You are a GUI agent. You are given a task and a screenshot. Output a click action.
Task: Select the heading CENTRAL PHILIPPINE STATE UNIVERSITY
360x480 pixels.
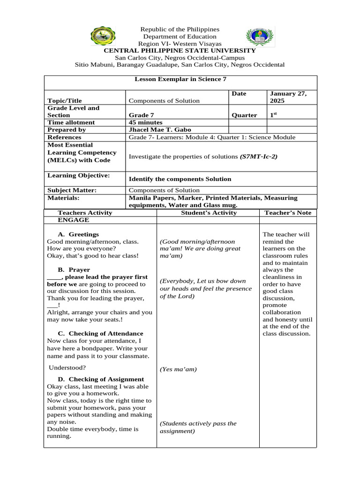coord(180,51)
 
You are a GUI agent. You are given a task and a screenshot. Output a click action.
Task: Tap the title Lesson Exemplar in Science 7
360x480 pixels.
coord(177,79)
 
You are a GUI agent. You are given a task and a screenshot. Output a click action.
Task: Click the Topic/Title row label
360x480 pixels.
coord(65,101)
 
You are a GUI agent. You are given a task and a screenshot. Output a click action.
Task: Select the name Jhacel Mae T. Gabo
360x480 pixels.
coord(160,130)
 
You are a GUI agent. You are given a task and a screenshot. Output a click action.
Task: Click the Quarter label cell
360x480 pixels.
coord(244,115)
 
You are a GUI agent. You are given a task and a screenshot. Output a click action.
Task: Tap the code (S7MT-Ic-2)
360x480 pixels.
coord(258,156)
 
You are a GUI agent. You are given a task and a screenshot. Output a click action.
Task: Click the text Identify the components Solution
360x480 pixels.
coord(180,179)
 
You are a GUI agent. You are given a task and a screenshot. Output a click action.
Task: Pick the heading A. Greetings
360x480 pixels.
coord(78,234)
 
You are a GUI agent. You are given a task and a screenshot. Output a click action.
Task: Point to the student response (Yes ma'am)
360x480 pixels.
coord(179,369)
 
